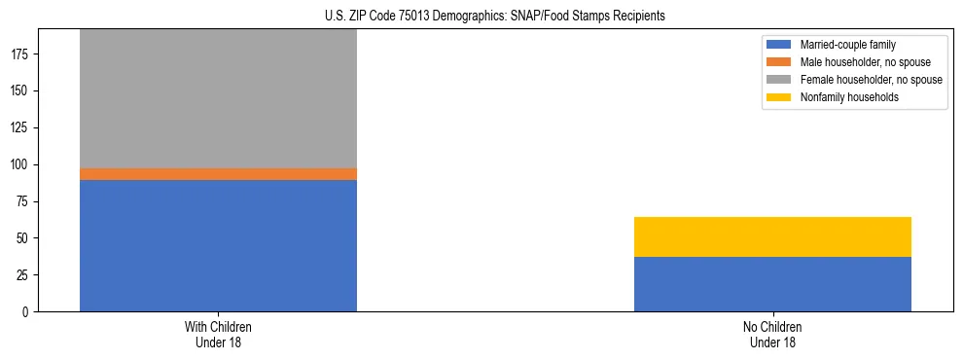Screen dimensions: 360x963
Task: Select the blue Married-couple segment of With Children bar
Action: pos(218,245)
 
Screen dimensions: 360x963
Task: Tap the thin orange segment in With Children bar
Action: pos(218,174)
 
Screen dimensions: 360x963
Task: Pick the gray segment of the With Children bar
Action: pos(218,98)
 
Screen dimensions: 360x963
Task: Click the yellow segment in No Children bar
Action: pos(772,236)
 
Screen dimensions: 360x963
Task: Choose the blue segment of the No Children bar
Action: pos(772,284)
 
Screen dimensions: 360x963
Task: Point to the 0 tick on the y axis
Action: pos(27,312)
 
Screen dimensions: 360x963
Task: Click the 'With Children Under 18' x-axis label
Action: pos(218,335)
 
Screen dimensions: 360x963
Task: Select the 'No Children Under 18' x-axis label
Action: pos(772,335)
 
